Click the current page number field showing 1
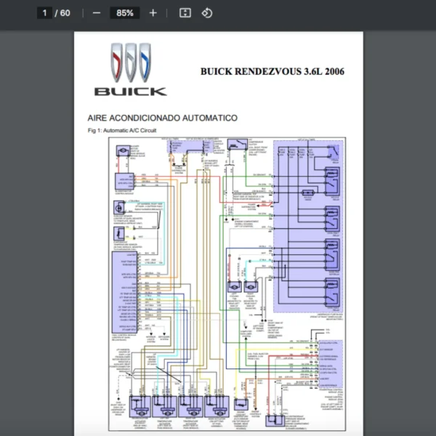pos(45,13)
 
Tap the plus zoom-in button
pos(153,13)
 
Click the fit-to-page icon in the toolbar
pos(185,13)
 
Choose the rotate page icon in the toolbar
pos(207,13)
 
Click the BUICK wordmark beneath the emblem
pos(130,92)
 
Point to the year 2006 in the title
pos(333,71)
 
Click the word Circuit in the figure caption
pos(148,131)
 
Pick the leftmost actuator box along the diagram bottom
pos(141,406)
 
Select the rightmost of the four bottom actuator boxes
pos(216,406)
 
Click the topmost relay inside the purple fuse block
pos(332,179)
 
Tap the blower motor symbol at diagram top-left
pos(122,149)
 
